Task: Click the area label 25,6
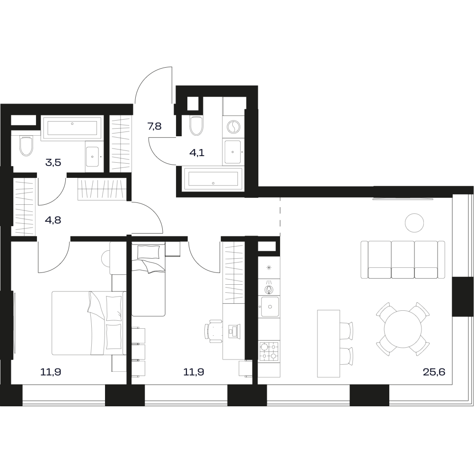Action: pos(434,372)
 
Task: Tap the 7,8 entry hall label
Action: pos(155,126)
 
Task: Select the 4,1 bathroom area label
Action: pos(197,153)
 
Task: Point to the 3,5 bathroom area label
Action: pos(53,163)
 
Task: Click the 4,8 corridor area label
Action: pos(53,220)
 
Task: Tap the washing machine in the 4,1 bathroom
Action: pos(233,127)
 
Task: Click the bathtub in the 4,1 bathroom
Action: pos(213,180)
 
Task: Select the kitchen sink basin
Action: pos(270,307)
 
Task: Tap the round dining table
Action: pos(403,329)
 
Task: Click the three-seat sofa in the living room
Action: pos(403,260)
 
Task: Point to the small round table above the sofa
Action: pos(414,223)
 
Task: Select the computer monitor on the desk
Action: pos(234,330)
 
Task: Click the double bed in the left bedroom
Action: pos(89,323)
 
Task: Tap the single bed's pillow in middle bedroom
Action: pos(149,252)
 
